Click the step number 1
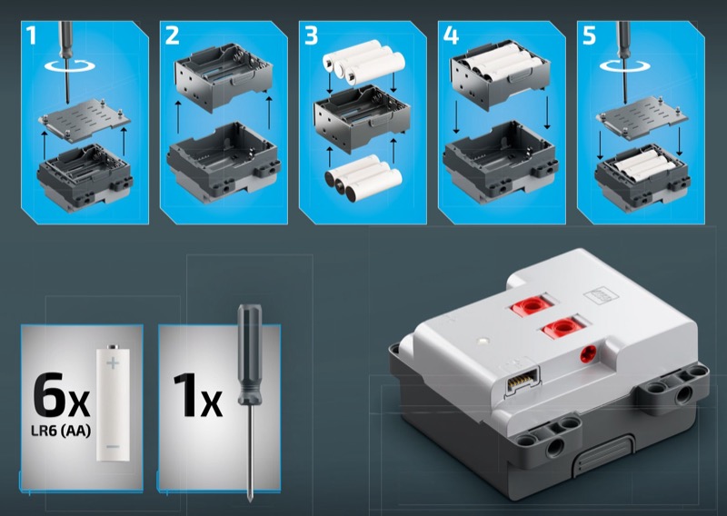tap(31, 35)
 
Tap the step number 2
tap(172, 35)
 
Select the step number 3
tap(311, 35)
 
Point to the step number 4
tap(451, 35)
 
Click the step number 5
tap(589, 35)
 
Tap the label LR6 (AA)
tap(61, 431)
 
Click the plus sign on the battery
tap(113, 362)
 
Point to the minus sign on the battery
tap(113, 447)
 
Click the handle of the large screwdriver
tap(249, 353)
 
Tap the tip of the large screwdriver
tap(251, 500)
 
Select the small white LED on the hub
tap(483, 341)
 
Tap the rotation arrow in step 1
tap(70, 65)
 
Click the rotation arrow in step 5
tap(625, 65)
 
